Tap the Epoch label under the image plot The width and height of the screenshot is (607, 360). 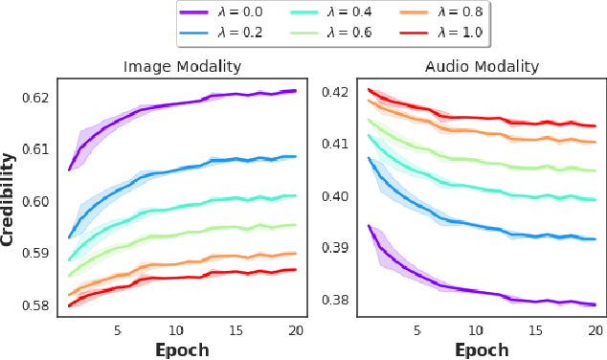tap(182, 349)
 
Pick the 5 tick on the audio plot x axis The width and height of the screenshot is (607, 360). tap(416, 329)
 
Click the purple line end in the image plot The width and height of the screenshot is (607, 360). tap(296, 91)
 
